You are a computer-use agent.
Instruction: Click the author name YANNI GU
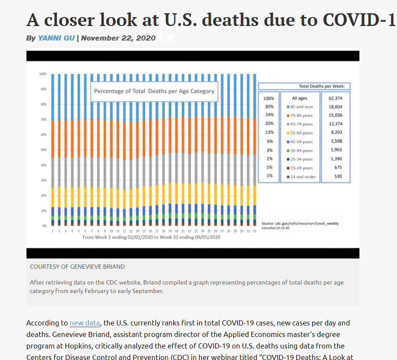click(x=56, y=38)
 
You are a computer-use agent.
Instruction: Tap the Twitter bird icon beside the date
click(x=171, y=38)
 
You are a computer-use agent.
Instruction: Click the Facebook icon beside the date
click(x=161, y=38)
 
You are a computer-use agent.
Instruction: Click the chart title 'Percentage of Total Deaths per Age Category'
click(x=154, y=91)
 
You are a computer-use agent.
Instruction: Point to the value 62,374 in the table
click(x=336, y=98)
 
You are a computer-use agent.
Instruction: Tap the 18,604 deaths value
click(x=336, y=107)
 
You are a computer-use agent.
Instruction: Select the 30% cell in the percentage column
click(x=269, y=107)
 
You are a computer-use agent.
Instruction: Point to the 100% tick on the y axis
click(x=43, y=74)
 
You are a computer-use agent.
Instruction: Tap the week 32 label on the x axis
click(x=255, y=231)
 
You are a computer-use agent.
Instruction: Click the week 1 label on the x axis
click(x=53, y=231)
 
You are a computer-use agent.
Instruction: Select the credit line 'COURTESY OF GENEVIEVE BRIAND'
click(x=77, y=267)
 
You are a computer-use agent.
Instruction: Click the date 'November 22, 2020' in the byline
click(x=118, y=38)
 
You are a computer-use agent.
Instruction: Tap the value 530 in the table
click(x=338, y=177)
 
